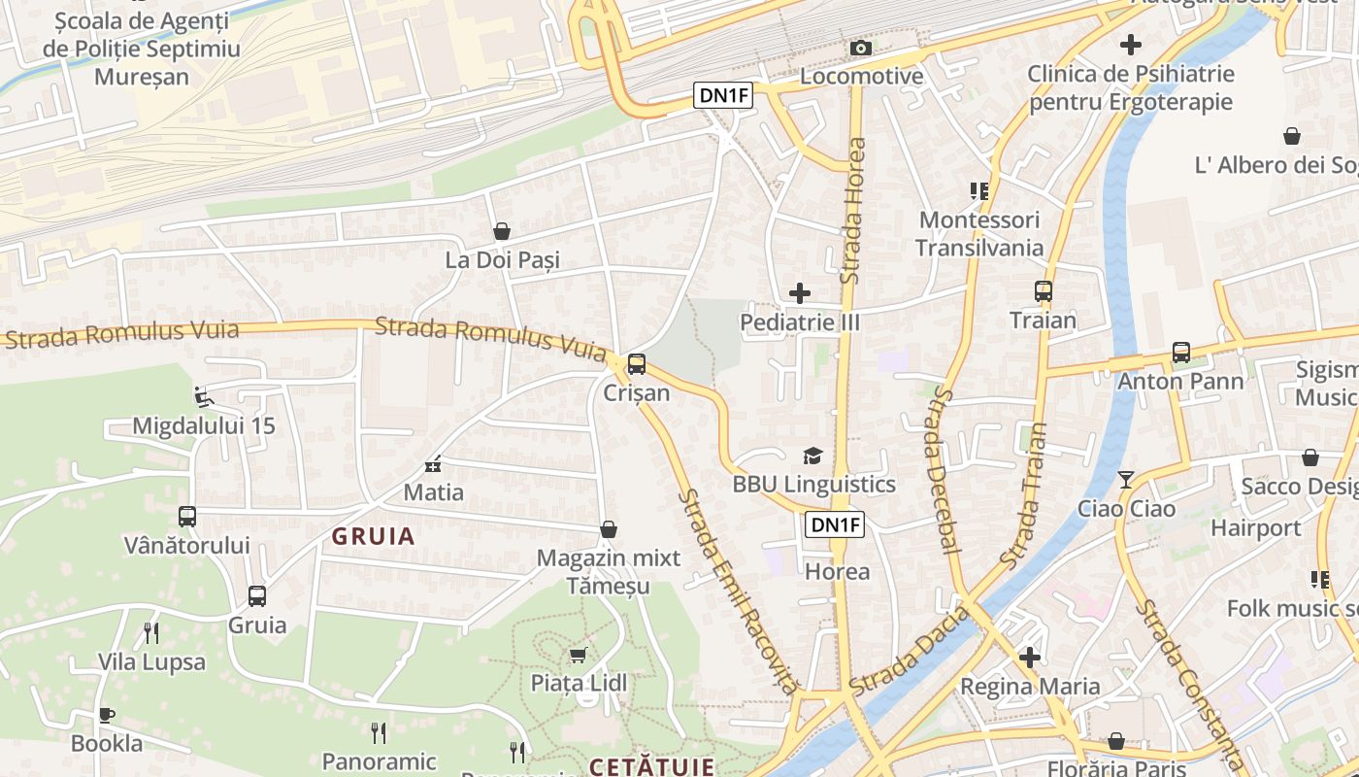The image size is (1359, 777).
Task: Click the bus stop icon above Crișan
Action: coord(637,364)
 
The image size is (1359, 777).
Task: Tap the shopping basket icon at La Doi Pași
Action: coord(502,231)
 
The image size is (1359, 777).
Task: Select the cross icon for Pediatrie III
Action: coord(800,292)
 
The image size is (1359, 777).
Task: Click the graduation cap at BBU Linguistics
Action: coord(812,456)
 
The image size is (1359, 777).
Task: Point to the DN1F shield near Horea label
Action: coord(835,525)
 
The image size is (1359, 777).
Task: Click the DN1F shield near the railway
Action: coord(723,94)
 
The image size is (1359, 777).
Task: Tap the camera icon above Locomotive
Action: coord(860,48)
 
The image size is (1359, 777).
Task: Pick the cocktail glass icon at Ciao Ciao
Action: coord(1126,480)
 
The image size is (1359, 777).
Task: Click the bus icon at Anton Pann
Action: coord(1181,353)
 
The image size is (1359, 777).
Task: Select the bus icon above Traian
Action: coord(1044,291)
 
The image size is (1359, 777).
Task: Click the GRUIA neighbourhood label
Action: coord(374,536)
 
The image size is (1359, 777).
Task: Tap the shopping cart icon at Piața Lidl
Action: coord(578,655)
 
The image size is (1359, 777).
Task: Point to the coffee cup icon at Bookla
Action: coord(107,716)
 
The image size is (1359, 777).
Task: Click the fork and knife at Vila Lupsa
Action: coord(151,633)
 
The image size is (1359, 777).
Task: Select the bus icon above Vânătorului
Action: coord(187,517)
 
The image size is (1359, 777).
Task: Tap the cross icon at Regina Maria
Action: coord(1030,658)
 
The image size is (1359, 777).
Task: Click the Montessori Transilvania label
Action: coord(978,234)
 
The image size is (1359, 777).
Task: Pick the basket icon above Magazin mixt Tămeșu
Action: coord(609,529)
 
